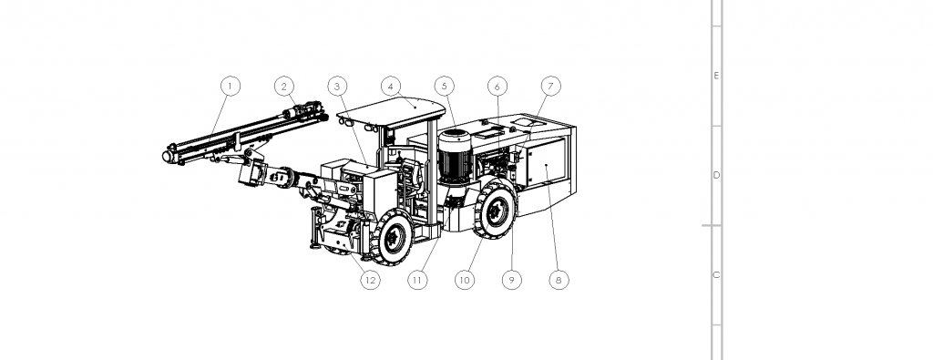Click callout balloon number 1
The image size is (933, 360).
[231, 87]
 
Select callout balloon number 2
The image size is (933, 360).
[284, 87]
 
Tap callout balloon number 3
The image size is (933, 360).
[337, 87]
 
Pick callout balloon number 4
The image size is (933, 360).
[390, 87]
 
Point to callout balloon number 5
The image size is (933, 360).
[444, 87]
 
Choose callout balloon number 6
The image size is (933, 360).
[497, 87]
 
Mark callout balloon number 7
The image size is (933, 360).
[551, 87]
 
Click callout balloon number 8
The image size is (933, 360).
[559, 279]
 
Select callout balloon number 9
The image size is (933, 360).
[512, 279]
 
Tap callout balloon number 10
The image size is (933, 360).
[465, 279]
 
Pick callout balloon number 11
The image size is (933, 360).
[417, 279]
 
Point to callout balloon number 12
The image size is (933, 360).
[370, 279]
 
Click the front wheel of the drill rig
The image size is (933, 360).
[392, 238]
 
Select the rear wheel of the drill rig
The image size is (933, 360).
[496, 210]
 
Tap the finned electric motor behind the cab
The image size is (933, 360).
[455, 156]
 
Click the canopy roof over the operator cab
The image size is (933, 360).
[392, 112]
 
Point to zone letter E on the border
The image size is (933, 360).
[716, 76]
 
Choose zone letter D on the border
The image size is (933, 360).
[716, 175]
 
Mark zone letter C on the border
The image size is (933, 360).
[716, 275]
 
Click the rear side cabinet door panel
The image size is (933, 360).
[545, 162]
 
